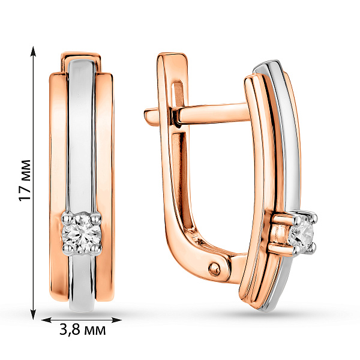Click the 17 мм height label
(25, 181)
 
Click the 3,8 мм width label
(83, 330)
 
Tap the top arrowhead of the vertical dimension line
(34, 51)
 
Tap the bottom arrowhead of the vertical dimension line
(34, 314)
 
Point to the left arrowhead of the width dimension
(46, 320)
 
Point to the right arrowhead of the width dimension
(116, 320)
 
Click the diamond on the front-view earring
(82, 234)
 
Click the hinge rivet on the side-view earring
(214, 268)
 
